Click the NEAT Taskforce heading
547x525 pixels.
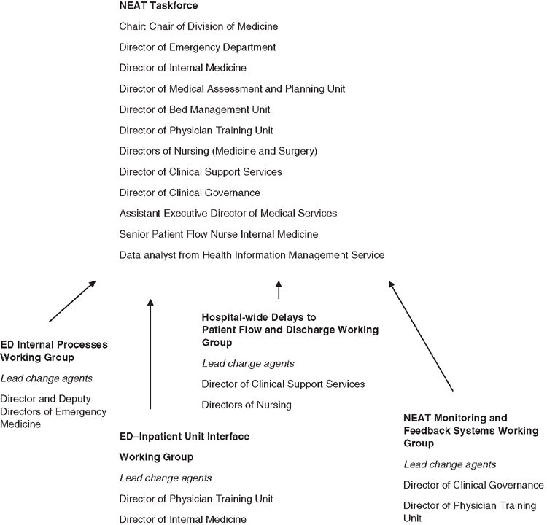(x=158, y=6)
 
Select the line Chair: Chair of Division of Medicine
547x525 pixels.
(x=198, y=26)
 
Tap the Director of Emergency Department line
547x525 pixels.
(x=198, y=47)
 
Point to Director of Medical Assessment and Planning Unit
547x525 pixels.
(x=232, y=89)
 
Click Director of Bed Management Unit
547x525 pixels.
(x=195, y=109)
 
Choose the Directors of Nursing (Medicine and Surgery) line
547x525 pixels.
(x=218, y=151)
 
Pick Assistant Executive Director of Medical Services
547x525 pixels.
(x=228, y=213)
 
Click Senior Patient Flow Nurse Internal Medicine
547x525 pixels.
(x=219, y=234)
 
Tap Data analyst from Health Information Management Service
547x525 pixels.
(x=252, y=255)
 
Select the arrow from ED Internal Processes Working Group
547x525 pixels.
(x=72, y=301)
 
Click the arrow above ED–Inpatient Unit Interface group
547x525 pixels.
(x=150, y=354)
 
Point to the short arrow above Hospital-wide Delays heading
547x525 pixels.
(x=279, y=290)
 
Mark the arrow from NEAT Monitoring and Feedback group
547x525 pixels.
(x=421, y=335)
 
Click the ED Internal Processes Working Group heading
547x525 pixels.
(x=54, y=351)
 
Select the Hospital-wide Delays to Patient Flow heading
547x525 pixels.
(x=290, y=330)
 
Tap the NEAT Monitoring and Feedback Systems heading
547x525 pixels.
(x=471, y=430)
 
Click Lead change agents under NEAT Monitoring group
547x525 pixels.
(x=450, y=464)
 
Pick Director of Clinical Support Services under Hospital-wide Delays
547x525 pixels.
(x=283, y=384)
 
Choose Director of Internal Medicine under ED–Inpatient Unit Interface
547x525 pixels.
(x=183, y=519)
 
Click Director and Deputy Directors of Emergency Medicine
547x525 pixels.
(x=53, y=412)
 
